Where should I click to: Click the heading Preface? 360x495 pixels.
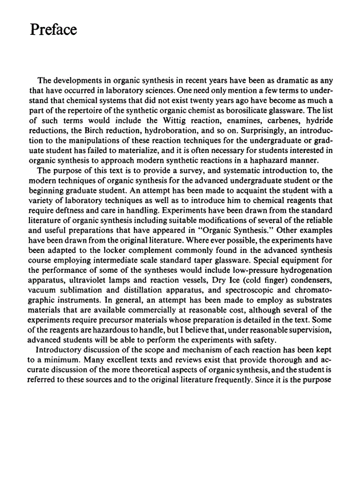pos(53,30)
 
